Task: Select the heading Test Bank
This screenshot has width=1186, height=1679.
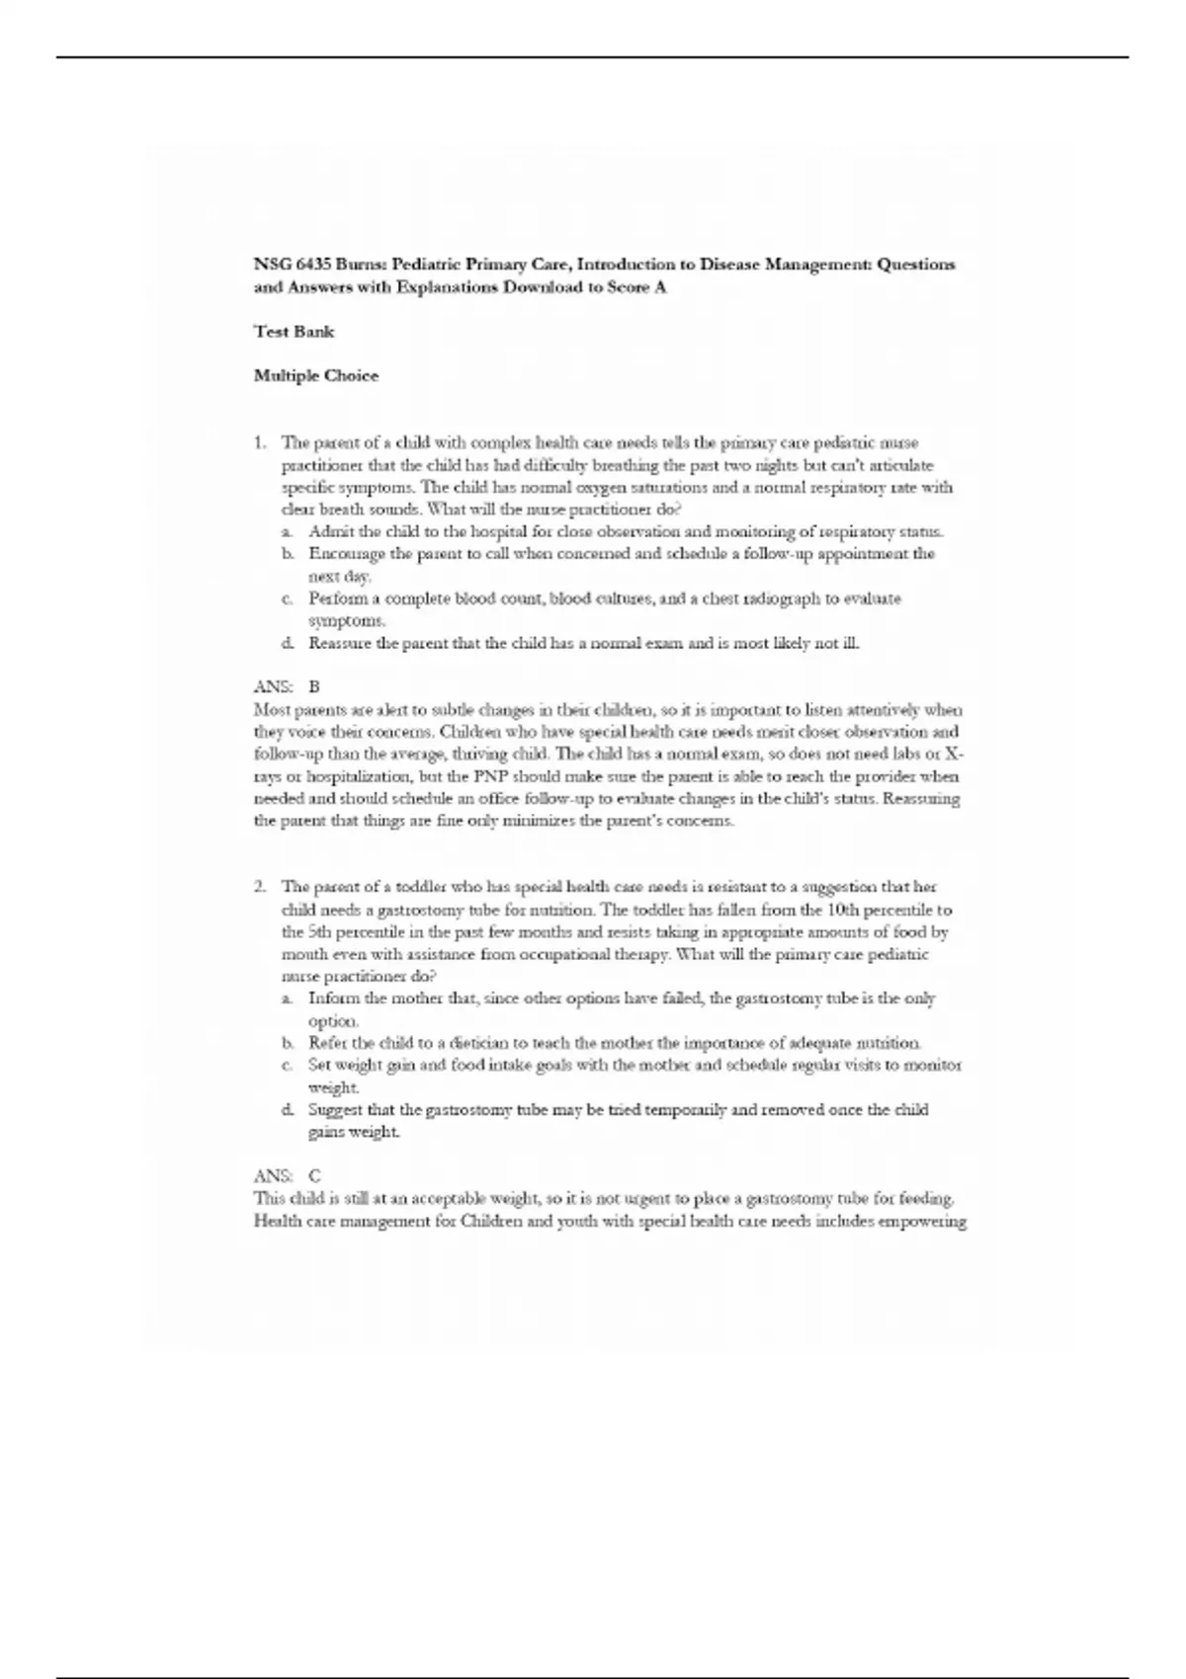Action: point(294,332)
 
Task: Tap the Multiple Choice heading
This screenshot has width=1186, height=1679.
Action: point(315,376)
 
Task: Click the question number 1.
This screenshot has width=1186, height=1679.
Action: point(259,442)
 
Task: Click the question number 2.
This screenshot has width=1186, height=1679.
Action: point(259,887)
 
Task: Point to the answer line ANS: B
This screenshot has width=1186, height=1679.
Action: point(287,686)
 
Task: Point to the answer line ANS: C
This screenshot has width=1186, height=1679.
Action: point(287,1176)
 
